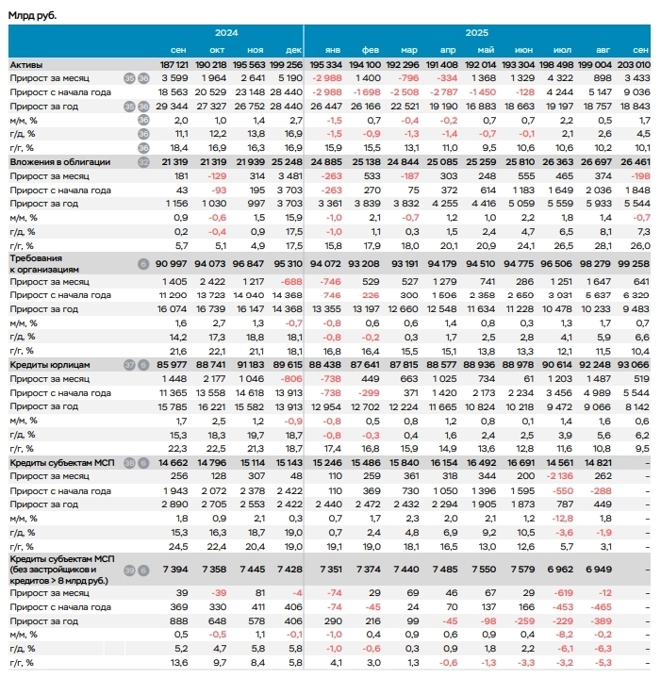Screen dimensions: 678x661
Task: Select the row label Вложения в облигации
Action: (60, 162)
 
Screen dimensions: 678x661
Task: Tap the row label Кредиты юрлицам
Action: (52, 364)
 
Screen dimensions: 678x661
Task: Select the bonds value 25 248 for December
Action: (287, 162)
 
